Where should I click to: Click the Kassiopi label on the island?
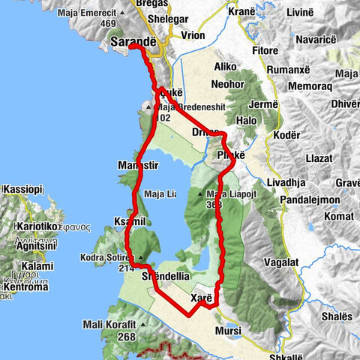(22, 190)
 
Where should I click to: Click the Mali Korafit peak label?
(110, 325)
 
